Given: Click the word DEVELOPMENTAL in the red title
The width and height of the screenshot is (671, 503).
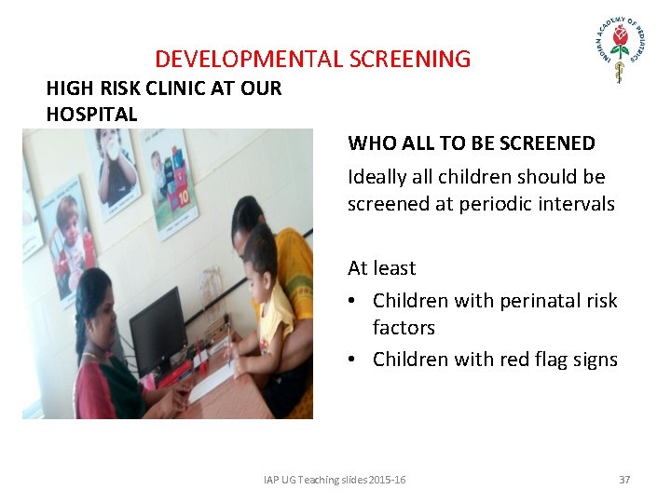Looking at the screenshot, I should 249,60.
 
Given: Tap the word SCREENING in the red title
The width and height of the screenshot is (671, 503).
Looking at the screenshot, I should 410,60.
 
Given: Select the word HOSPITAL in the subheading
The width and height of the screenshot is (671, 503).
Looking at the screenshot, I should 91,115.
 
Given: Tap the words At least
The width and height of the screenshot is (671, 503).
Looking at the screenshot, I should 381,268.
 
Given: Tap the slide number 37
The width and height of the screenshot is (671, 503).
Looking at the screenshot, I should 624,480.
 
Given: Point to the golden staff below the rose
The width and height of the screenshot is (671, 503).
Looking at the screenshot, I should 618,71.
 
